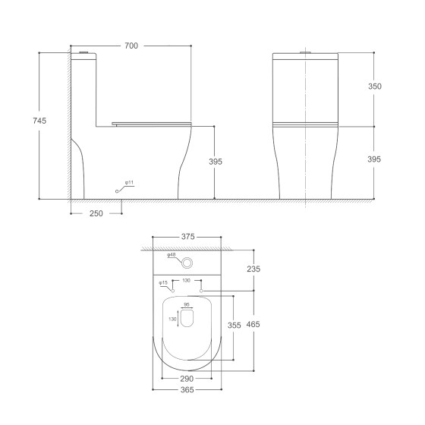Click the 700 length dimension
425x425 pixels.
pyautogui.click(x=131, y=46)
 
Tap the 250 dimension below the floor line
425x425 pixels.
pyautogui.click(x=96, y=214)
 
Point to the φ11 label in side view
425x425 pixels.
pyautogui.click(x=129, y=183)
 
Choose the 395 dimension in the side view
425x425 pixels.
pyautogui.click(x=216, y=161)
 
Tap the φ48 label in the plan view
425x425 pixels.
pyautogui.click(x=172, y=255)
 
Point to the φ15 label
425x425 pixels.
pyautogui.click(x=163, y=283)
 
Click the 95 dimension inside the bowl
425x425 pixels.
pyautogui.click(x=187, y=306)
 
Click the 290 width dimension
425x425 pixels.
pyautogui.click(x=187, y=378)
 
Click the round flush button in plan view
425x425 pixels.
pyautogui.click(x=187, y=263)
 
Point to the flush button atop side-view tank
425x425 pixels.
pyautogui.click(x=84, y=52)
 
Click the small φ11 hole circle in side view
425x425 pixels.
pyautogui.click(x=117, y=191)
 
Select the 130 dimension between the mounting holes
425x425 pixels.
pyautogui.click(x=187, y=281)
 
